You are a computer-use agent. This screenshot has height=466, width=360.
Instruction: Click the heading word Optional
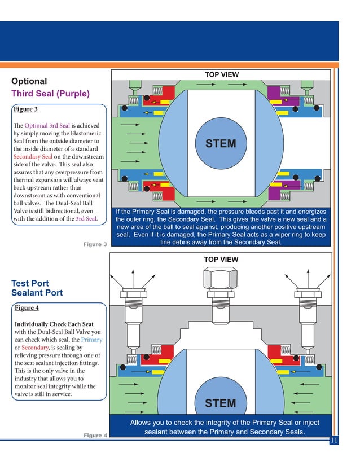[29, 81]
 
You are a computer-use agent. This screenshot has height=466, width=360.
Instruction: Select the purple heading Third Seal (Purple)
[50, 94]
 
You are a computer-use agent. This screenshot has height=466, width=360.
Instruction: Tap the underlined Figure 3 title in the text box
[26, 109]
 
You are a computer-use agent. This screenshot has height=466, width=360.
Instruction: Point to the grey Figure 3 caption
[95, 244]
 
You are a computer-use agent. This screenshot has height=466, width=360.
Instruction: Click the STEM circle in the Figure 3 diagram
[221, 143]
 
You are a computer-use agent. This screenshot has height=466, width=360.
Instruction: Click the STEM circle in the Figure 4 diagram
[221, 403]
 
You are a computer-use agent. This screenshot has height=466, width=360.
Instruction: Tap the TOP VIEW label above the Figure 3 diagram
[221, 74]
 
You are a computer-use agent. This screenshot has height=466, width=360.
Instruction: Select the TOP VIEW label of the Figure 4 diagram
[221, 260]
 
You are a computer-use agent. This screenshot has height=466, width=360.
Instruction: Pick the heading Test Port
[30, 283]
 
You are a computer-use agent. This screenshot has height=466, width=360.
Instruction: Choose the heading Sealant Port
[37, 293]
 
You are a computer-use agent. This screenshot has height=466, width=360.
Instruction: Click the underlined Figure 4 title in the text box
[27, 309]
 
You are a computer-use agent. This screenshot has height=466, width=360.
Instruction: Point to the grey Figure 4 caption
[95, 435]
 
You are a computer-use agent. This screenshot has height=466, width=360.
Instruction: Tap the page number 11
[333, 441]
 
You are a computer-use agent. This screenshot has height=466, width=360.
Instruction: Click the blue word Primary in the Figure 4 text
[91, 340]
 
